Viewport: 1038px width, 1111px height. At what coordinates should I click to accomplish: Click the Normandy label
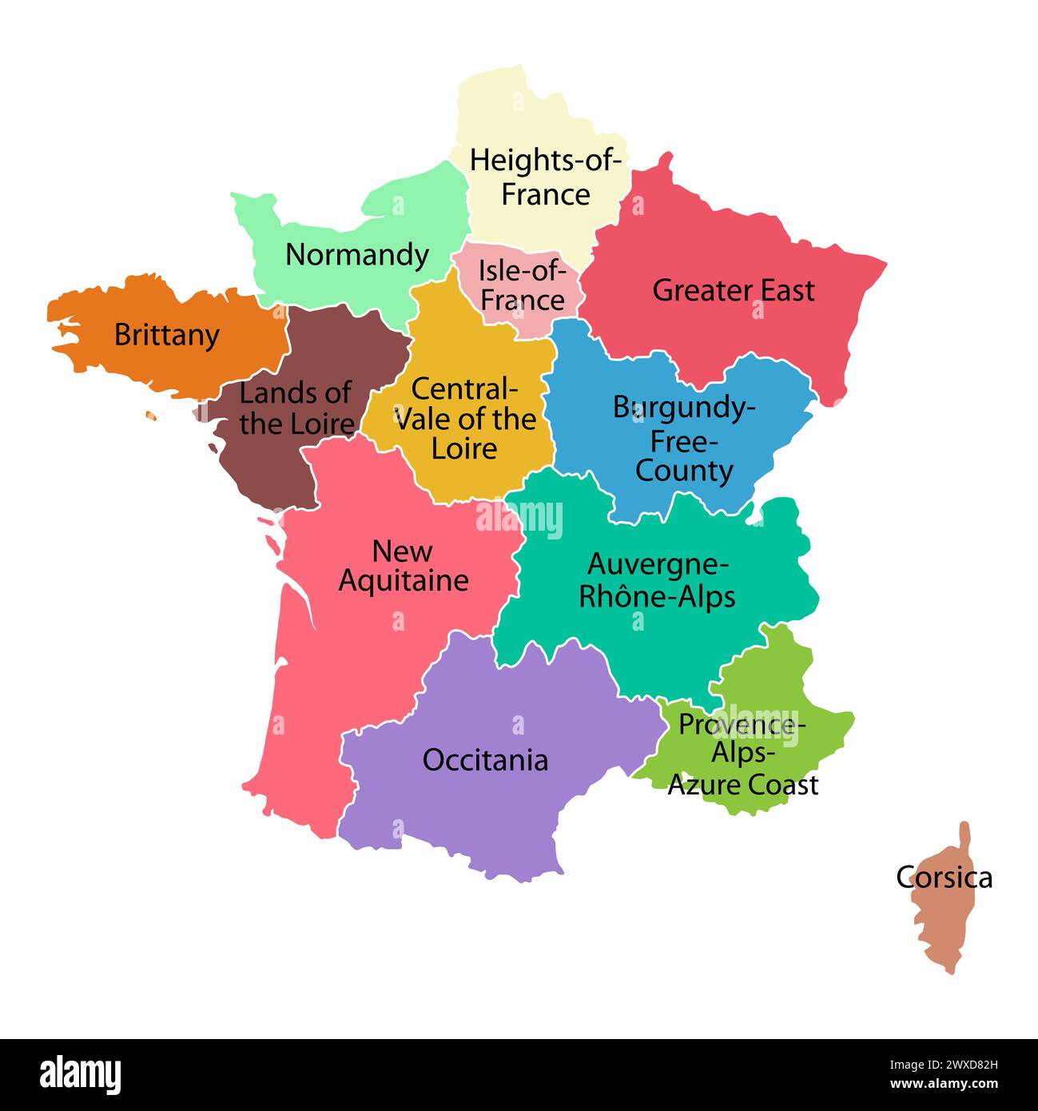[357, 255]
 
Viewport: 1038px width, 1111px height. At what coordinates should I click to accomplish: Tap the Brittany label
[166, 334]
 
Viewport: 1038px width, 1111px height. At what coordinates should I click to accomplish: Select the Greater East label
[733, 290]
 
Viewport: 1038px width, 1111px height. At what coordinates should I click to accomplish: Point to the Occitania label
[485, 759]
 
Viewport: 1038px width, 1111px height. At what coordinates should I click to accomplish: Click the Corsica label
[944, 878]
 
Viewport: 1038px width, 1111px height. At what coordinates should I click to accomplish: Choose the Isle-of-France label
[523, 285]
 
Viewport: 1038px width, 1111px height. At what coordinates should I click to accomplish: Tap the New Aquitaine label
[403, 565]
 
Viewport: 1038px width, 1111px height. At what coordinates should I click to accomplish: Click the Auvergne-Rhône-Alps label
[657, 580]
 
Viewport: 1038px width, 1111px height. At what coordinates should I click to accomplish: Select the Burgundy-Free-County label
[684, 439]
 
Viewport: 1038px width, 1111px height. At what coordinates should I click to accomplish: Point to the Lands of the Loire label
[296, 408]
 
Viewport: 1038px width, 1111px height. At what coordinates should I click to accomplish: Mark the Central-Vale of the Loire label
[465, 419]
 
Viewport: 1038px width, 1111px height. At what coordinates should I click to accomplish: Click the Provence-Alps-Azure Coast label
[742, 755]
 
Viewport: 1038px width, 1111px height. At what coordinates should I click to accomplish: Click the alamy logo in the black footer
[80, 1075]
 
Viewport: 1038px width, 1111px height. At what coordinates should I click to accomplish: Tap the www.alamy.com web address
[943, 1085]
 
